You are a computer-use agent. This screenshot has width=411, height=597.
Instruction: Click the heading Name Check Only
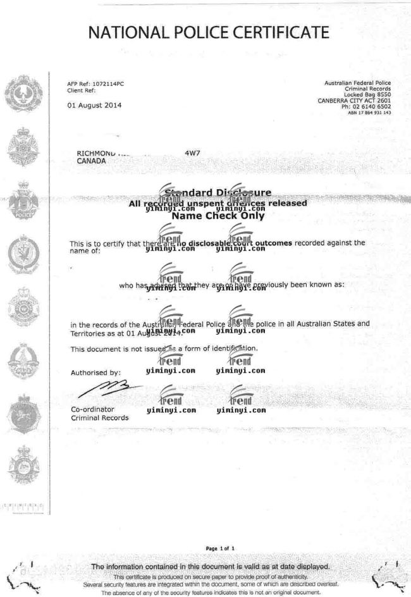[218, 215]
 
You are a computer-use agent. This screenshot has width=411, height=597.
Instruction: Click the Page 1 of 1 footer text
[219, 548]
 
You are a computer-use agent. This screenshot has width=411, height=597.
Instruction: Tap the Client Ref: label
[80, 90]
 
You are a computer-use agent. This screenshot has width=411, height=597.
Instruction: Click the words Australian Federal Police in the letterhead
[357, 83]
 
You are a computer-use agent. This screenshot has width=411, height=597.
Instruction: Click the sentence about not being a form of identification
[164, 348]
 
